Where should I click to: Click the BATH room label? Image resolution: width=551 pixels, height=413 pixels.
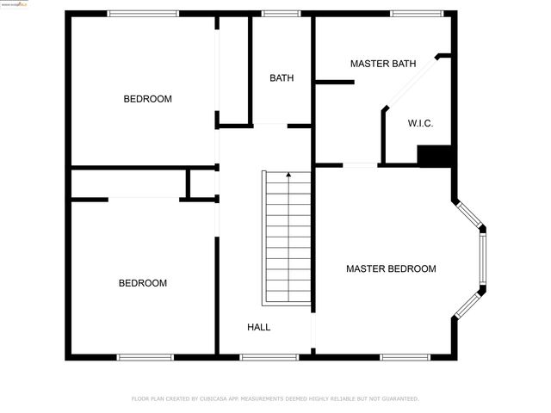[x=282, y=78]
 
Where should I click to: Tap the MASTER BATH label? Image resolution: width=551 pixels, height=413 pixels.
[x=383, y=64]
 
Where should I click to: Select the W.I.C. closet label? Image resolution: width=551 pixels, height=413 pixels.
[x=420, y=123]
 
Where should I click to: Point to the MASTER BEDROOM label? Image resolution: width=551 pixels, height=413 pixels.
[x=391, y=268]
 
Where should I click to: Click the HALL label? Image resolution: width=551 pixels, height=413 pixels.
[x=259, y=327]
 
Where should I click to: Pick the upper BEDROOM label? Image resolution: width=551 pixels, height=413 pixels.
[x=148, y=99]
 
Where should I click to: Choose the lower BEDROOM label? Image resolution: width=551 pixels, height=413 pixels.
[x=143, y=283]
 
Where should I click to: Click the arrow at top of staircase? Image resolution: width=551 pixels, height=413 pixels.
[x=288, y=176]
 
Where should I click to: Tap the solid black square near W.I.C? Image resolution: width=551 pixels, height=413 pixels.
[x=434, y=156]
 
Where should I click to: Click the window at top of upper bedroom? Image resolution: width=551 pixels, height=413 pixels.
[x=143, y=13]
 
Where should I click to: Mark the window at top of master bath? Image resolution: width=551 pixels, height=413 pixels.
[x=417, y=13]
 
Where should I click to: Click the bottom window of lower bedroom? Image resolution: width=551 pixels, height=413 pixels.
[x=145, y=357]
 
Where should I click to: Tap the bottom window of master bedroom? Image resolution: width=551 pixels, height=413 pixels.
[x=406, y=357]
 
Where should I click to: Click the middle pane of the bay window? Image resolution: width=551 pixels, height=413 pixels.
[x=482, y=260]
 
